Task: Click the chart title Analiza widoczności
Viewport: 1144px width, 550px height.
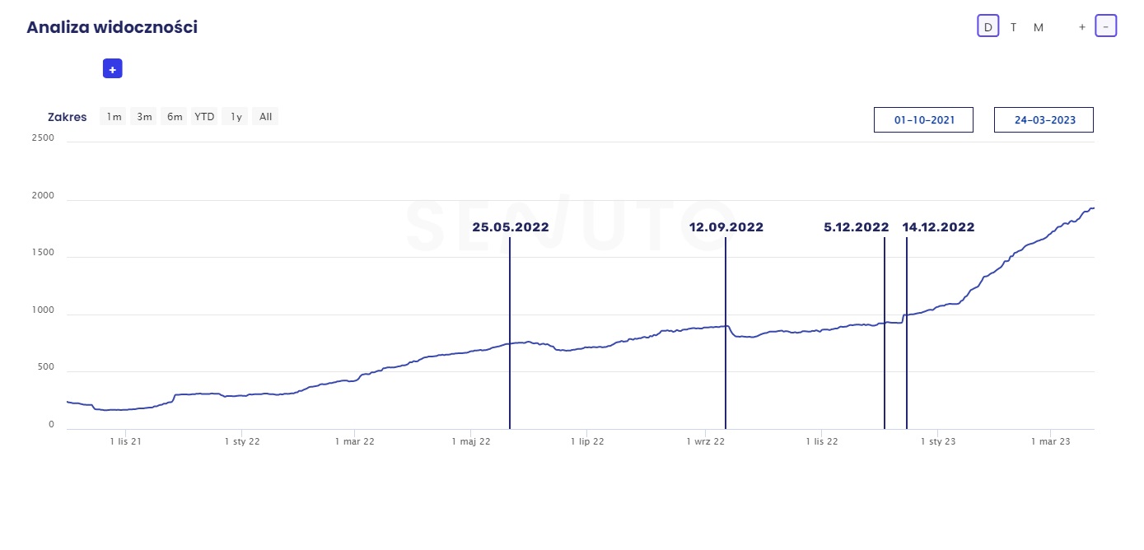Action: click(x=112, y=27)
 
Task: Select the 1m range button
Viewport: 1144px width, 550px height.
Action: click(x=114, y=117)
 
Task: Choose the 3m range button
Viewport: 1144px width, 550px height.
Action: click(x=144, y=117)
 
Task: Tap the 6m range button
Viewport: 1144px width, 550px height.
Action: click(x=175, y=117)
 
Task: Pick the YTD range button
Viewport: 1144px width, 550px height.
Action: click(x=204, y=117)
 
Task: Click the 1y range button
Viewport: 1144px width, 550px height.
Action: click(x=236, y=117)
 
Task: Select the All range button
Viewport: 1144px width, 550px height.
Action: click(x=265, y=117)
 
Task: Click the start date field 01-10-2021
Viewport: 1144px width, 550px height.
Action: click(x=923, y=120)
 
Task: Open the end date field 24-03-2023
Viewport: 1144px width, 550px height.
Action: click(x=1044, y=120)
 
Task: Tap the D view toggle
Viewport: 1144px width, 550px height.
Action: click(x=988, y=27)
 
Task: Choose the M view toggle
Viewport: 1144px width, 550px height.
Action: click(x=1039, y=27)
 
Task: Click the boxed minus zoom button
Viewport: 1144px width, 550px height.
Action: click(x=1105, y=27)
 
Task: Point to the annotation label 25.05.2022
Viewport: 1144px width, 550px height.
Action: click(x=510, y=227)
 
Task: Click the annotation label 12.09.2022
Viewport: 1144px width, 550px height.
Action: click(x=726, y=227)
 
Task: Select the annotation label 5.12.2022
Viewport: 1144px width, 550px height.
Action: click(x=856, y=227)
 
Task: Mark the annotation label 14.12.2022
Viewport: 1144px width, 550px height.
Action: click(x=938, y=227)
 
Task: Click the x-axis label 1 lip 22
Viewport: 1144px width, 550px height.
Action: click(x=587, y=441)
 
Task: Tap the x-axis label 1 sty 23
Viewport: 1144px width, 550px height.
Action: click(x=937, y=441)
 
